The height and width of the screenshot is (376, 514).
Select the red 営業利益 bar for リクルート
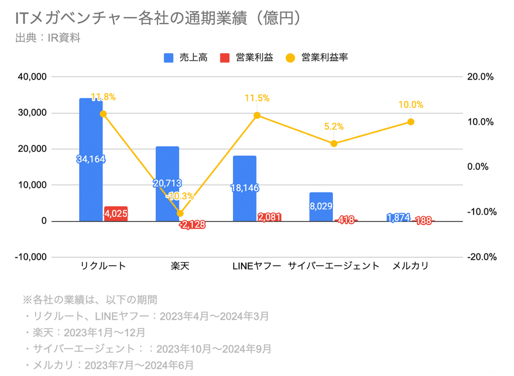tap(115, 214)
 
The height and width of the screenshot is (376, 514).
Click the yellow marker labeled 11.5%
tap(257, 115)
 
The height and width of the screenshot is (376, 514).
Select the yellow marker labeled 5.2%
tap(333, 143)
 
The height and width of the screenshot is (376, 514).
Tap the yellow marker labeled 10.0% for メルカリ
tap(410, 122)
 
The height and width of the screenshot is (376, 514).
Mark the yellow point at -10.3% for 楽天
tap(180, 213)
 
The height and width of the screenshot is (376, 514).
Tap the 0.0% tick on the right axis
tap(481, 167)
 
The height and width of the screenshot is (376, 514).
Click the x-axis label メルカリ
tap(410, 266)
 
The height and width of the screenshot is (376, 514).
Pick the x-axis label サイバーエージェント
tap(333, 266)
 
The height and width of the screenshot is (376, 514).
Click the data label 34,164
tap(91, 159)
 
